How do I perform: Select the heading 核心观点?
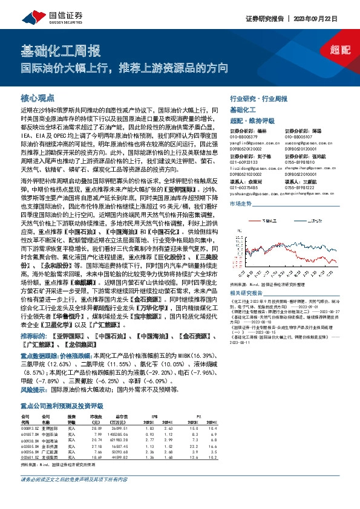[x=38, y=97]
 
